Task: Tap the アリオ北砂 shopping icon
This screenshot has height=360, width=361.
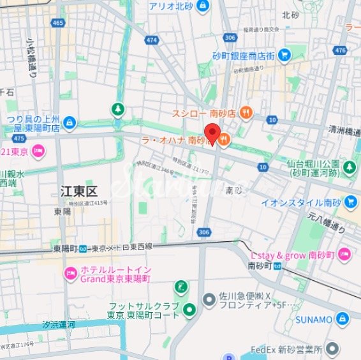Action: (x=202, y=6)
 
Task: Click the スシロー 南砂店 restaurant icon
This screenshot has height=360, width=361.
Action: (x=246, y=113)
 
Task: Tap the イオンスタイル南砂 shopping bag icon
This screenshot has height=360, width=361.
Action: (x=350, y=202)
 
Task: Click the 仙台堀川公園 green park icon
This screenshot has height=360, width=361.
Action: (x=350, y=167)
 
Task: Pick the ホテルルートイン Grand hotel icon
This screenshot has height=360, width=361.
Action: (x=70, y=274)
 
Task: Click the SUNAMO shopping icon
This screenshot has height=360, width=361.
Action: (x=343, y=318)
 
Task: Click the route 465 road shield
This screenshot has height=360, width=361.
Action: (x=59, y=23)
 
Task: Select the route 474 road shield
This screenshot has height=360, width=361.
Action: (x=151, y=40)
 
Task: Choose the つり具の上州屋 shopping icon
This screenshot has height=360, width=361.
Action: (x=70, y=122)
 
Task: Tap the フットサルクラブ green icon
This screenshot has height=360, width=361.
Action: (x=189, y=311)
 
